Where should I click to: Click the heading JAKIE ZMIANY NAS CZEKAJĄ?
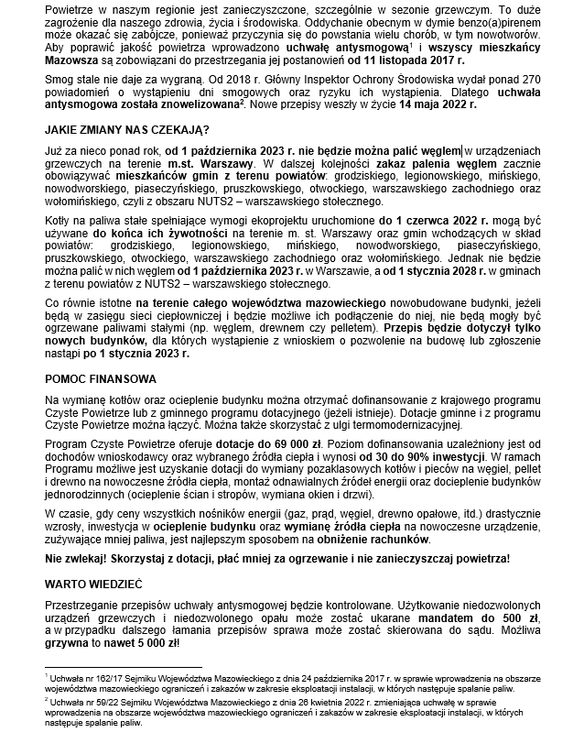pyautogui.click(x=127, y=129)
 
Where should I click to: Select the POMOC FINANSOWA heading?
pyautogui.click(x=101, y=378)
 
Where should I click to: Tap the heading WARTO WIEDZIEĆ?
pyautogui.click(x=96, y=583)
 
